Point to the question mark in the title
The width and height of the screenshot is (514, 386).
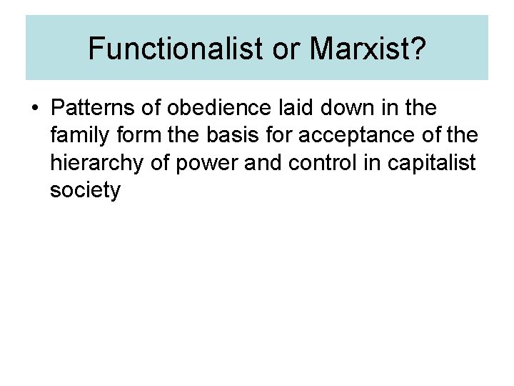(x=417, y=48)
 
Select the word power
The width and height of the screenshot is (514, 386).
(x=207, y=164)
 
